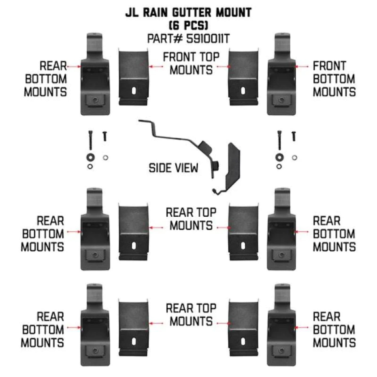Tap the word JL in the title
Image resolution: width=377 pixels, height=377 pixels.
(x=132, y=13)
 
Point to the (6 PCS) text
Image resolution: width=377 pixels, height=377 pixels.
(x=188, y=25)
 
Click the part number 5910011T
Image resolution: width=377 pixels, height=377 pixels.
(x=208, y=39)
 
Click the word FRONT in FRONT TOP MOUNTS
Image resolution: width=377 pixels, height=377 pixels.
(x=179, y=57)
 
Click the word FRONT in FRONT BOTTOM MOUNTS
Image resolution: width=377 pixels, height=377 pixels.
(x=329, y=66)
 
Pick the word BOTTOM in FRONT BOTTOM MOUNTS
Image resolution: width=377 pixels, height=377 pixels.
(x=334, y=79)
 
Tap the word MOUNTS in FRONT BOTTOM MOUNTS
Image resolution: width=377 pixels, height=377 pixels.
(x=334, y=92)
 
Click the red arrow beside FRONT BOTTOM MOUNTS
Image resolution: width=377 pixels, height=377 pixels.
(x=302, y=67)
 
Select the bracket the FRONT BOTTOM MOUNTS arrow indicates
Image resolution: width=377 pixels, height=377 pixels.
(x=281, y=83)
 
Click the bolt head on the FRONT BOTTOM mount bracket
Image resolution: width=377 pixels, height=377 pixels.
(x=282, y=100)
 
